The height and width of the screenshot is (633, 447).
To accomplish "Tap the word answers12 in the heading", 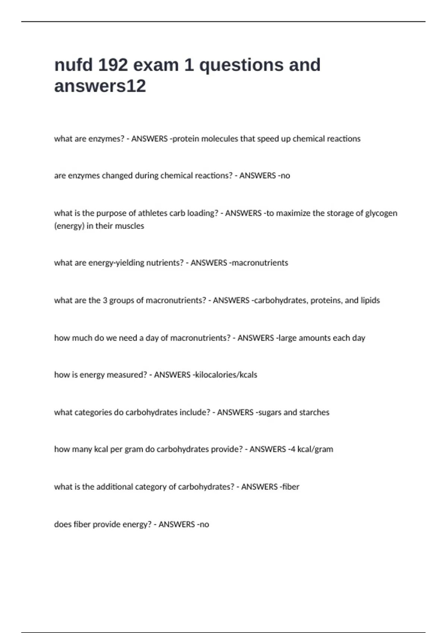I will (x=100, y=86).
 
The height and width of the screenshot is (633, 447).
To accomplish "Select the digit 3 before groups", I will (x=105, y=300).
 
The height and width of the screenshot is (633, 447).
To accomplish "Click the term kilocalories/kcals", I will (x=226, y=375).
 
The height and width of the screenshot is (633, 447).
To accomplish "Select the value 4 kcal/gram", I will (x=312, y=449).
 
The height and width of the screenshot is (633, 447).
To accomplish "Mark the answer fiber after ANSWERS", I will (x=291, y=487).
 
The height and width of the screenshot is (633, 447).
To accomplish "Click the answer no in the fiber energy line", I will (x=204, y=525).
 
